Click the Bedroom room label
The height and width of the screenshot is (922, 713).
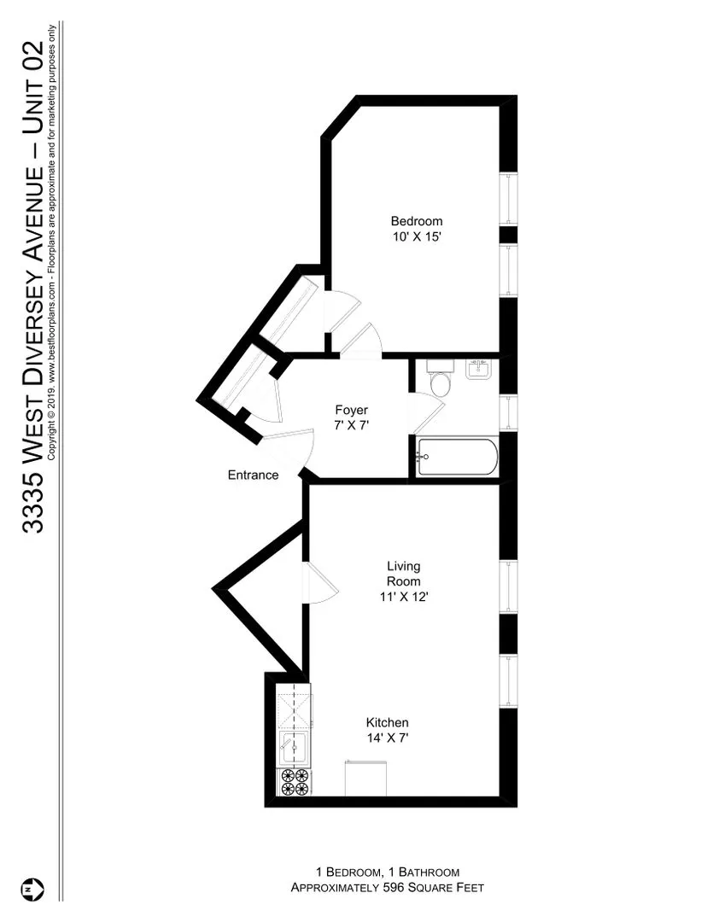click(417, 221)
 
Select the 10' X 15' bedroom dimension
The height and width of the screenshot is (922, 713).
click(417, 236)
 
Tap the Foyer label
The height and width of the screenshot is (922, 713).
click(351, 410)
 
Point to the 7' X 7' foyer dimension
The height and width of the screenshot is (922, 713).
click(351, 424)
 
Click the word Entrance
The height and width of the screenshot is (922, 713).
click(253, 475)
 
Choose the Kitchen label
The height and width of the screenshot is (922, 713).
click(387, 722)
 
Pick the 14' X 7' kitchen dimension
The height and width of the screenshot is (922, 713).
click(387, 738)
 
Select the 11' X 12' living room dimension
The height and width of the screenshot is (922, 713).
click(404, 597)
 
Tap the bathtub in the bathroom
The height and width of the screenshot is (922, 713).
click(456, 458)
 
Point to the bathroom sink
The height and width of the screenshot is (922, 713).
click(479, 370)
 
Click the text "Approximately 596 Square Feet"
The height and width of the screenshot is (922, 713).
click(388, 888)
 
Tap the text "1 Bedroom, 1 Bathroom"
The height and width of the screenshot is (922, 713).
click(388, 872)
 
